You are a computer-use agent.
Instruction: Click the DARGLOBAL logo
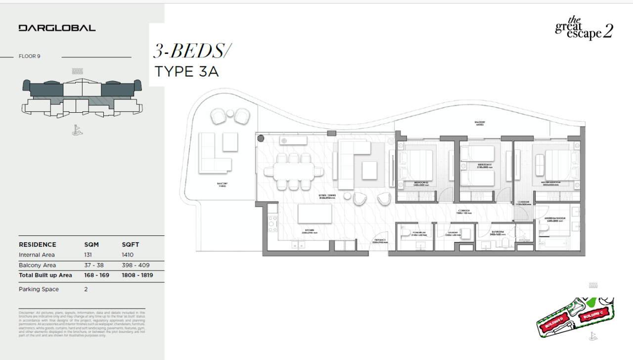(x=57, y=28)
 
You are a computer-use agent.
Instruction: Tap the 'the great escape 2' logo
(x=584, y=28)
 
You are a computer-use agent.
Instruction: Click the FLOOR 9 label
(x=30, y=56)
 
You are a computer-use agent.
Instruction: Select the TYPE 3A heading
(x=186, y=72)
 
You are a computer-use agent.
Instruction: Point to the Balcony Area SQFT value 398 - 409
(x=136, y=266)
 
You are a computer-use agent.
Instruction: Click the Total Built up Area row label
(x=45, y=275)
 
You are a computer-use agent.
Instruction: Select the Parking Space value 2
(x=86, y=289)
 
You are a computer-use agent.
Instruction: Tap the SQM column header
(x=91, y=245)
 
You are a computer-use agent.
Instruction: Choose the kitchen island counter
(x=315, y=214)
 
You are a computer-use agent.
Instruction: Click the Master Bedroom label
(x=550, y=182)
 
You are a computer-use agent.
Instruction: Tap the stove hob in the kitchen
(x=272, y=224)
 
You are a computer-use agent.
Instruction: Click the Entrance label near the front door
(x=379, y=240)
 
